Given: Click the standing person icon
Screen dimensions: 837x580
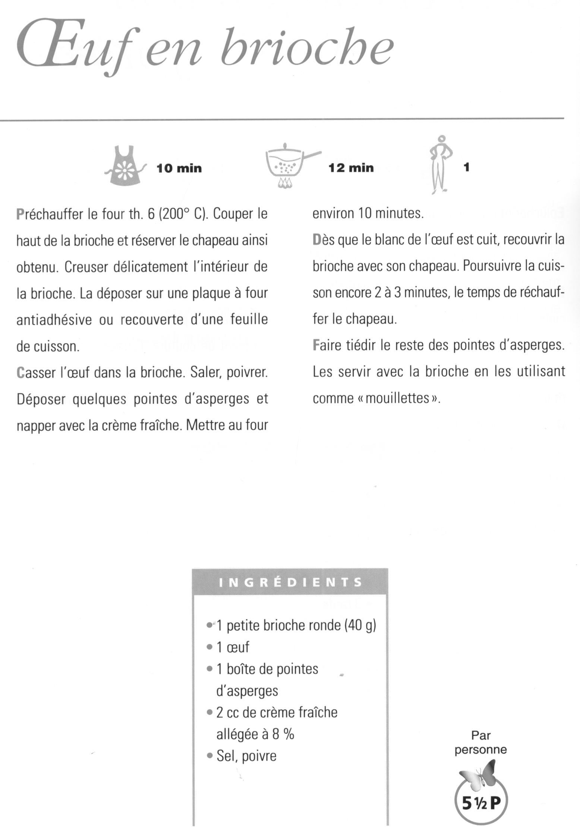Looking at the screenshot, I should [x=441, y=164].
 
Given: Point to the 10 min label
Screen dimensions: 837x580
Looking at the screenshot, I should [x=179, y=169].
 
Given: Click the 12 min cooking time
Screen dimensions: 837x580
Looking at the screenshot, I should [x=351, y=168].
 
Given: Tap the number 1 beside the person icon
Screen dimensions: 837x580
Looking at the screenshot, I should [x=466, y=168].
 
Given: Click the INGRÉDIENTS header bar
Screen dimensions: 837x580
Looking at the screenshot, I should [x=290, y=582].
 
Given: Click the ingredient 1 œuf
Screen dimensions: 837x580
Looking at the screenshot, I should [x=233, y=647].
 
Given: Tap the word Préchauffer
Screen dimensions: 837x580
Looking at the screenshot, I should [x=50, y=215].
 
